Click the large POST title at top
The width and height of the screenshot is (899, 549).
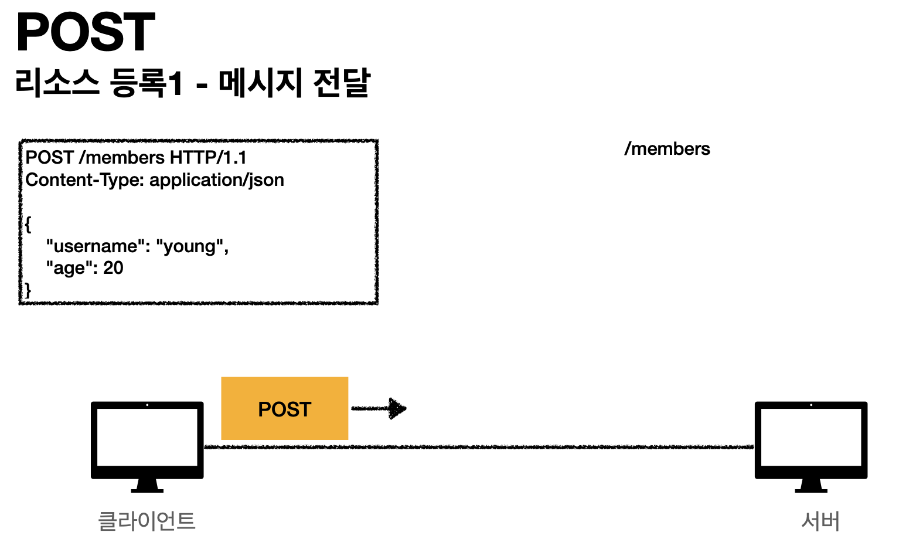coord(86,33)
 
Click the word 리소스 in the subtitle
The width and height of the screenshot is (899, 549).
coord(57,83)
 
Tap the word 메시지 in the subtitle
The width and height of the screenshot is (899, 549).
coord(260,83)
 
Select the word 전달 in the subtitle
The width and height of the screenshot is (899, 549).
coord(342,83)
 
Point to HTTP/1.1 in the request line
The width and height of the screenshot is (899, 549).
coord(208,158)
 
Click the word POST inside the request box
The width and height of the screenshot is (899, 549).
coord(49,158)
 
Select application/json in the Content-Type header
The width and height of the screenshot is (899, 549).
coord(217,180)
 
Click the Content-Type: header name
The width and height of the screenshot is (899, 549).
coord(85,180)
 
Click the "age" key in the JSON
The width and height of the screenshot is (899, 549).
coord(69,268)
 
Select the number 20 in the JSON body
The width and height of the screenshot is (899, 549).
coord(113,268)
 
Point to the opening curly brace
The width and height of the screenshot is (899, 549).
coord(28,224)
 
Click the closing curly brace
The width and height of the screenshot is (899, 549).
coord(28,290)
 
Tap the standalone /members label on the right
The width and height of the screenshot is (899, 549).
coord(667,149)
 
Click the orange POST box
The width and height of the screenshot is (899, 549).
coord(284,409)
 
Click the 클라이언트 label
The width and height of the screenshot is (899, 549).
coord(147,521)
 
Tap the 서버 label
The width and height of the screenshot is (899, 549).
coord(820,521)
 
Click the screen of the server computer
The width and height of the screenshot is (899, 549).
coord(811,437)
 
